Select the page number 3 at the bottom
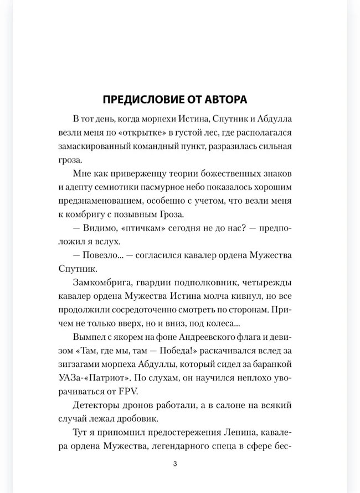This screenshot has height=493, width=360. tap(174, 463)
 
